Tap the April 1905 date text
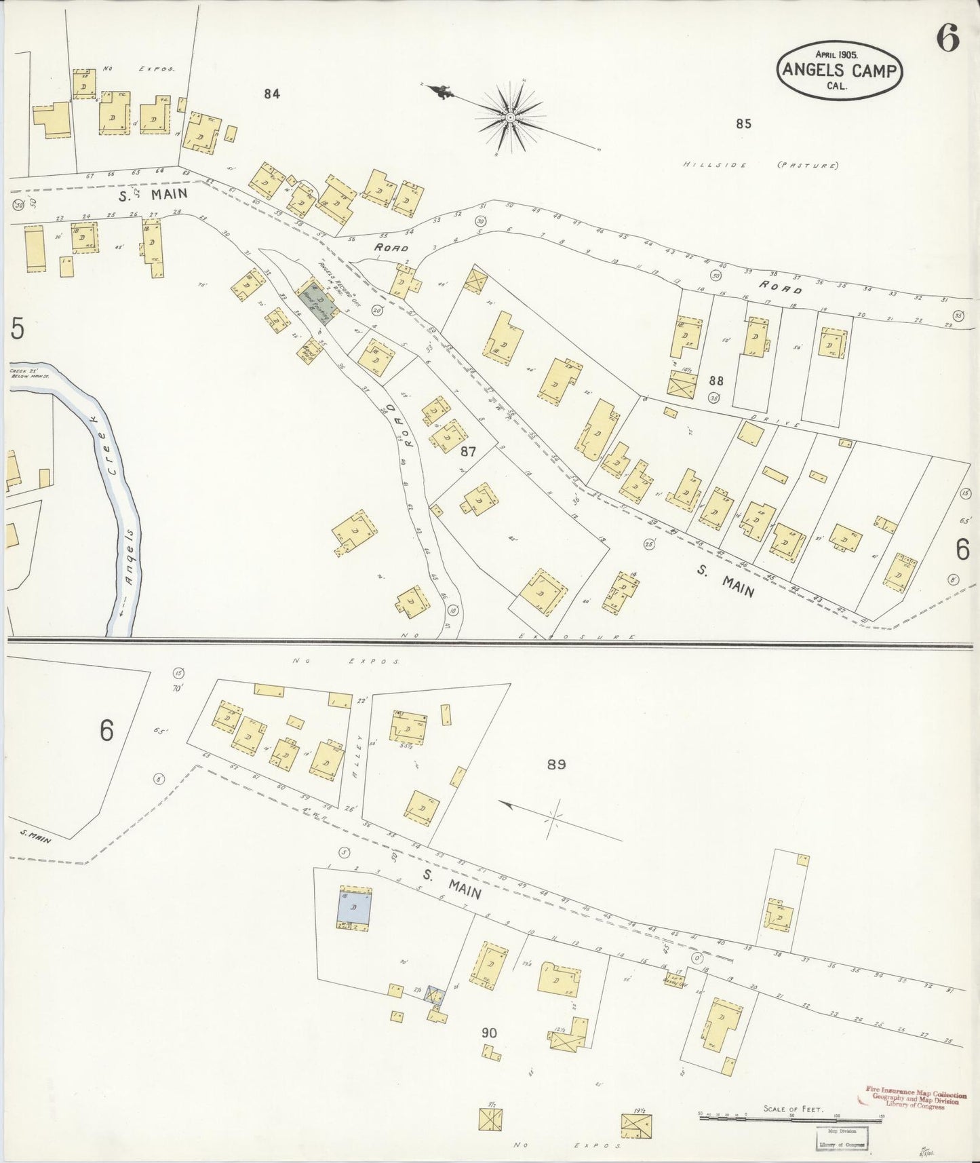click(838, 54)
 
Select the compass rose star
click(510, 119)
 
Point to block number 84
click(271, 94)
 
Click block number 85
click(743, 123)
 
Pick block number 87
click(467, 451)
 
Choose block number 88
click(717, 381)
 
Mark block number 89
click(556, 765)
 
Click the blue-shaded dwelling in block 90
click(355, 907)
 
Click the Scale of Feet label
click(793, 1109)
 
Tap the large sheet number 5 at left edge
click(17, 328)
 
